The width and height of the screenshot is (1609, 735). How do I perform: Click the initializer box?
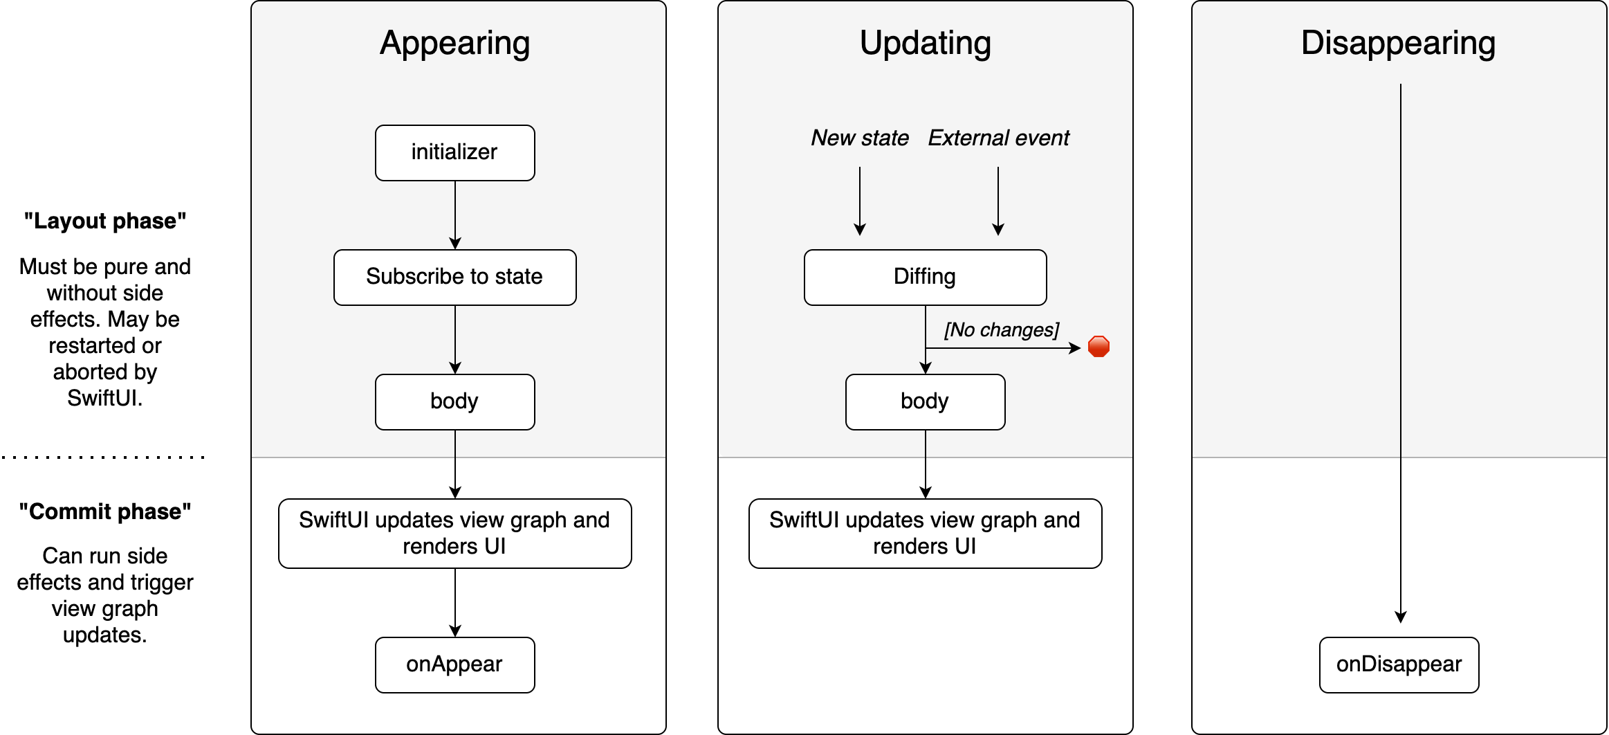pos(455,153)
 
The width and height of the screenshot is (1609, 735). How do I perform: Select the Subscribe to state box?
pos(455,278)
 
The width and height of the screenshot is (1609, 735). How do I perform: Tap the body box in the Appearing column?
pos(455,402)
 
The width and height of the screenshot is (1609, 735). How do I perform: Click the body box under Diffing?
pos(926,402)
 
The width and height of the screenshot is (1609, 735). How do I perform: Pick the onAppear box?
pos(455,665)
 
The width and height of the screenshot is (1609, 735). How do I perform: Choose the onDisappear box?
pos(1399,665)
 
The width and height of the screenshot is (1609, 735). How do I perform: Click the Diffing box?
pos(926,278)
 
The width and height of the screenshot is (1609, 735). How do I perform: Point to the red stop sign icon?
pos(1098,347)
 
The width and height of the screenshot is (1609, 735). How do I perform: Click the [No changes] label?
pos(1002,330)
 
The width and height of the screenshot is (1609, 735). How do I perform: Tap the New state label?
pos(860,138)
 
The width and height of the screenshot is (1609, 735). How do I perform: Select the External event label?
pos(998,138)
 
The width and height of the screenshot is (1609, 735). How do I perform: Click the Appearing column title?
pos(455,44)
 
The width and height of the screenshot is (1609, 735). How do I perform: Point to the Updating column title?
pos(926,44)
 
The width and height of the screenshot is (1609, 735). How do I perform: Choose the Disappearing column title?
pos(1399,44)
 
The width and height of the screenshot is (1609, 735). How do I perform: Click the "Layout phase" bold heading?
pos(105,221)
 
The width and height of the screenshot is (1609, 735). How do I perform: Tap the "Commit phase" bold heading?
pos(105,511)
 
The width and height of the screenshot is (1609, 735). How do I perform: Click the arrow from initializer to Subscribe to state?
pos(455,215)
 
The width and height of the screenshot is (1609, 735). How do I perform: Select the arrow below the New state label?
pos(860,201)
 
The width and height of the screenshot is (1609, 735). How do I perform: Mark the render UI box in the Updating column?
pos(926,534)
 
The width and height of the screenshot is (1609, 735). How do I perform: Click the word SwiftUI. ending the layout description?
pos(105,398)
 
